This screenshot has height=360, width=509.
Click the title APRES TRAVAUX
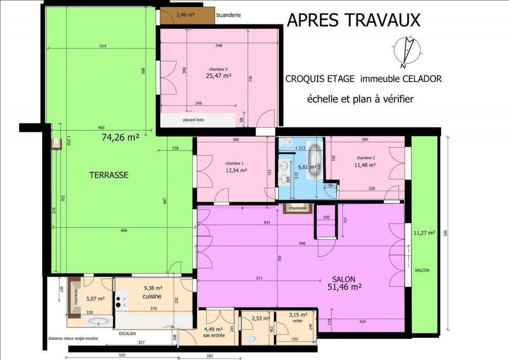coord(354,20)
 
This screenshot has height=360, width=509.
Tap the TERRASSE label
coord(109,175)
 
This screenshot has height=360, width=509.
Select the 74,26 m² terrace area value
coord(120,137)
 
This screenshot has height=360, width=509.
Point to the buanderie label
coord(228,15)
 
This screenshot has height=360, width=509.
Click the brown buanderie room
coord(187,15)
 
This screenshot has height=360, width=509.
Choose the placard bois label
coord(193,120)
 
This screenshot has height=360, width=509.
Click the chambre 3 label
coord(218,69)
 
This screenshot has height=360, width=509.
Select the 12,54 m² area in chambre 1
coord(236,170)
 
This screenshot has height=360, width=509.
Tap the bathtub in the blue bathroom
coord(315,160)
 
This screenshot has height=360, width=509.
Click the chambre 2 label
coord(365,158)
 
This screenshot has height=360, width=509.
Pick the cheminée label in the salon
coord(297,208)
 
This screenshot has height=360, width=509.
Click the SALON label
coord(344,279)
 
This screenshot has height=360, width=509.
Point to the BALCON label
coord(422,270)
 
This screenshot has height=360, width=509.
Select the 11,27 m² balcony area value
coord(424,233)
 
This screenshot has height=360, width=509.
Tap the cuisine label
coord(152,296)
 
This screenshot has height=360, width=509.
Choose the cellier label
coord(298,321)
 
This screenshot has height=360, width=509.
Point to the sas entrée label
coord(214,335)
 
